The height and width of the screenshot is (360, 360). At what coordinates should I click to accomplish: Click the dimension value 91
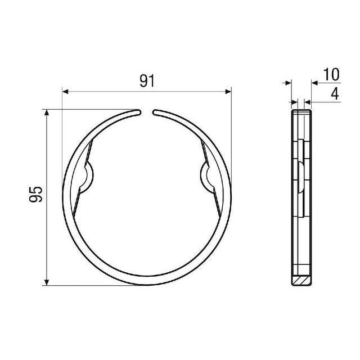147,81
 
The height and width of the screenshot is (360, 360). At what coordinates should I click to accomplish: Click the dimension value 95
36,194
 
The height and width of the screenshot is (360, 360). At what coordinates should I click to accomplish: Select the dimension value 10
331,74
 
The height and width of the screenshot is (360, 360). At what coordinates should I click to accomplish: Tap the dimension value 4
335,94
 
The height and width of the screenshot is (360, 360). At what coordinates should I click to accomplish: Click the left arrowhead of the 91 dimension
65,92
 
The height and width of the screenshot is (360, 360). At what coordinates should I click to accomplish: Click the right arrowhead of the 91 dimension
228,92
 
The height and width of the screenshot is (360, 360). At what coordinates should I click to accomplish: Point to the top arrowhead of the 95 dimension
47,112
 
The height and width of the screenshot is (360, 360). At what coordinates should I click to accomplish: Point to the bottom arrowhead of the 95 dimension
47,282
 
